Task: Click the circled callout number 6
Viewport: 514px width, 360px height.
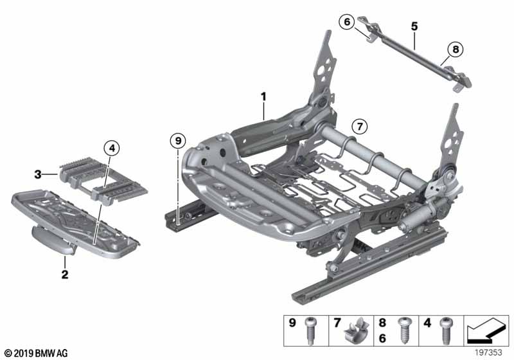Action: click(x=347, y=22)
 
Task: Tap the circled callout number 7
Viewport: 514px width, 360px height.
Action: click(x=359, y=125)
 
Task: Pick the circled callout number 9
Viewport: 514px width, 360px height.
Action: click(x=177, y=139)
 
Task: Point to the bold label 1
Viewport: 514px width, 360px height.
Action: click(x=263, y=96)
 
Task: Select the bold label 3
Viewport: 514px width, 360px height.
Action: click(x=39, y=174)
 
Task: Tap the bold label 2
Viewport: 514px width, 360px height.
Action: click(x=65, y=275)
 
